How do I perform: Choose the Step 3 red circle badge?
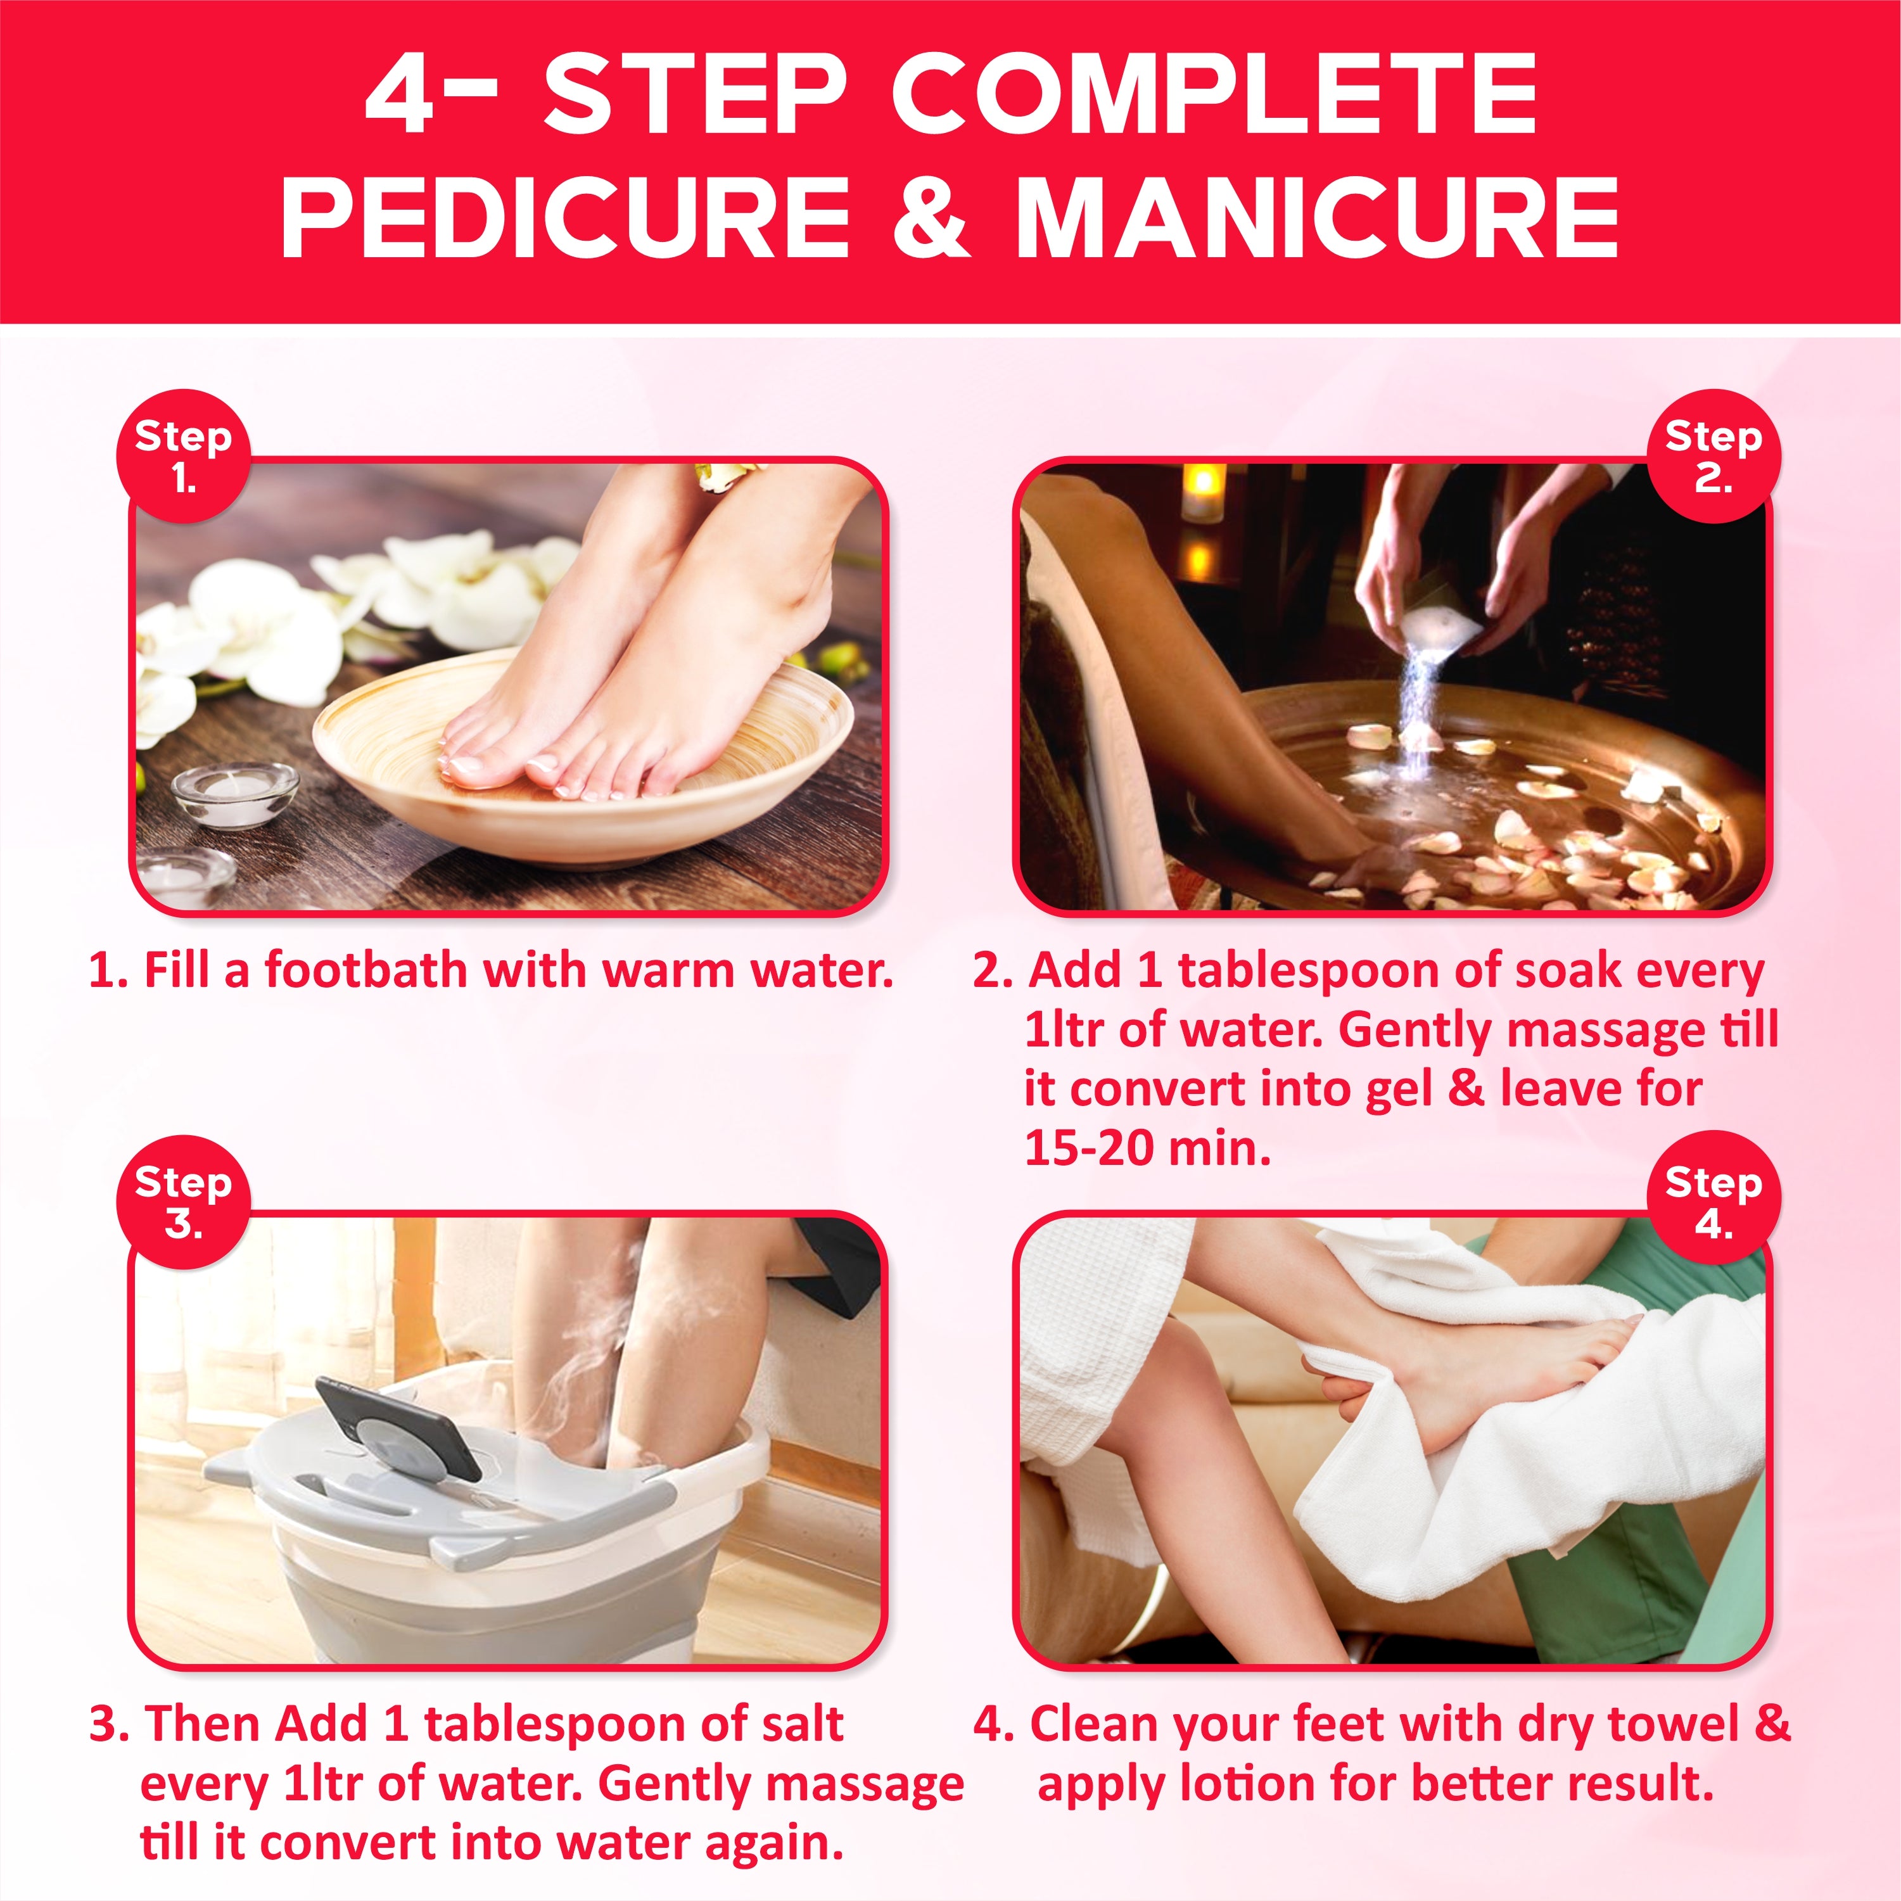[183, 1202]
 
